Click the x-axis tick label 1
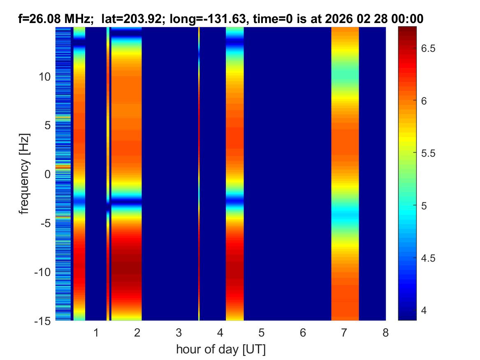96,332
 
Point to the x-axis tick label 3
179,332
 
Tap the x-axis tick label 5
262,332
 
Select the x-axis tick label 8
385,332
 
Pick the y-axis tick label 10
45,77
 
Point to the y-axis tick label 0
48,174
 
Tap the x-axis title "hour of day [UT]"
220,350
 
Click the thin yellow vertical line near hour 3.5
199,173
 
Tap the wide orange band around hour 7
345,173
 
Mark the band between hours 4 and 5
235,173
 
